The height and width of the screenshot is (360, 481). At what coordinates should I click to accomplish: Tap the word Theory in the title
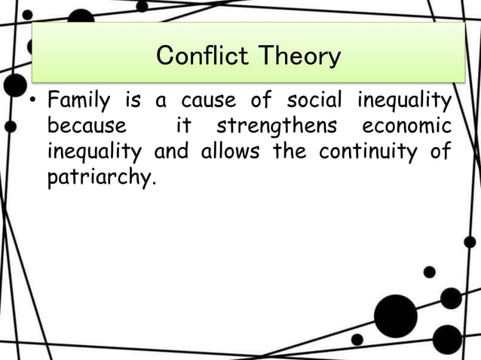(300, 56)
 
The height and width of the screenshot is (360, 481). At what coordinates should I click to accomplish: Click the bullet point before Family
(34, 100)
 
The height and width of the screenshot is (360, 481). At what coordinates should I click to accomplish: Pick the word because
(87, 126)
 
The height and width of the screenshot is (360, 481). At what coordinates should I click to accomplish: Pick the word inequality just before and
(94, 152)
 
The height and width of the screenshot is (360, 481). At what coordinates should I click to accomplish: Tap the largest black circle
(395, 316)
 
